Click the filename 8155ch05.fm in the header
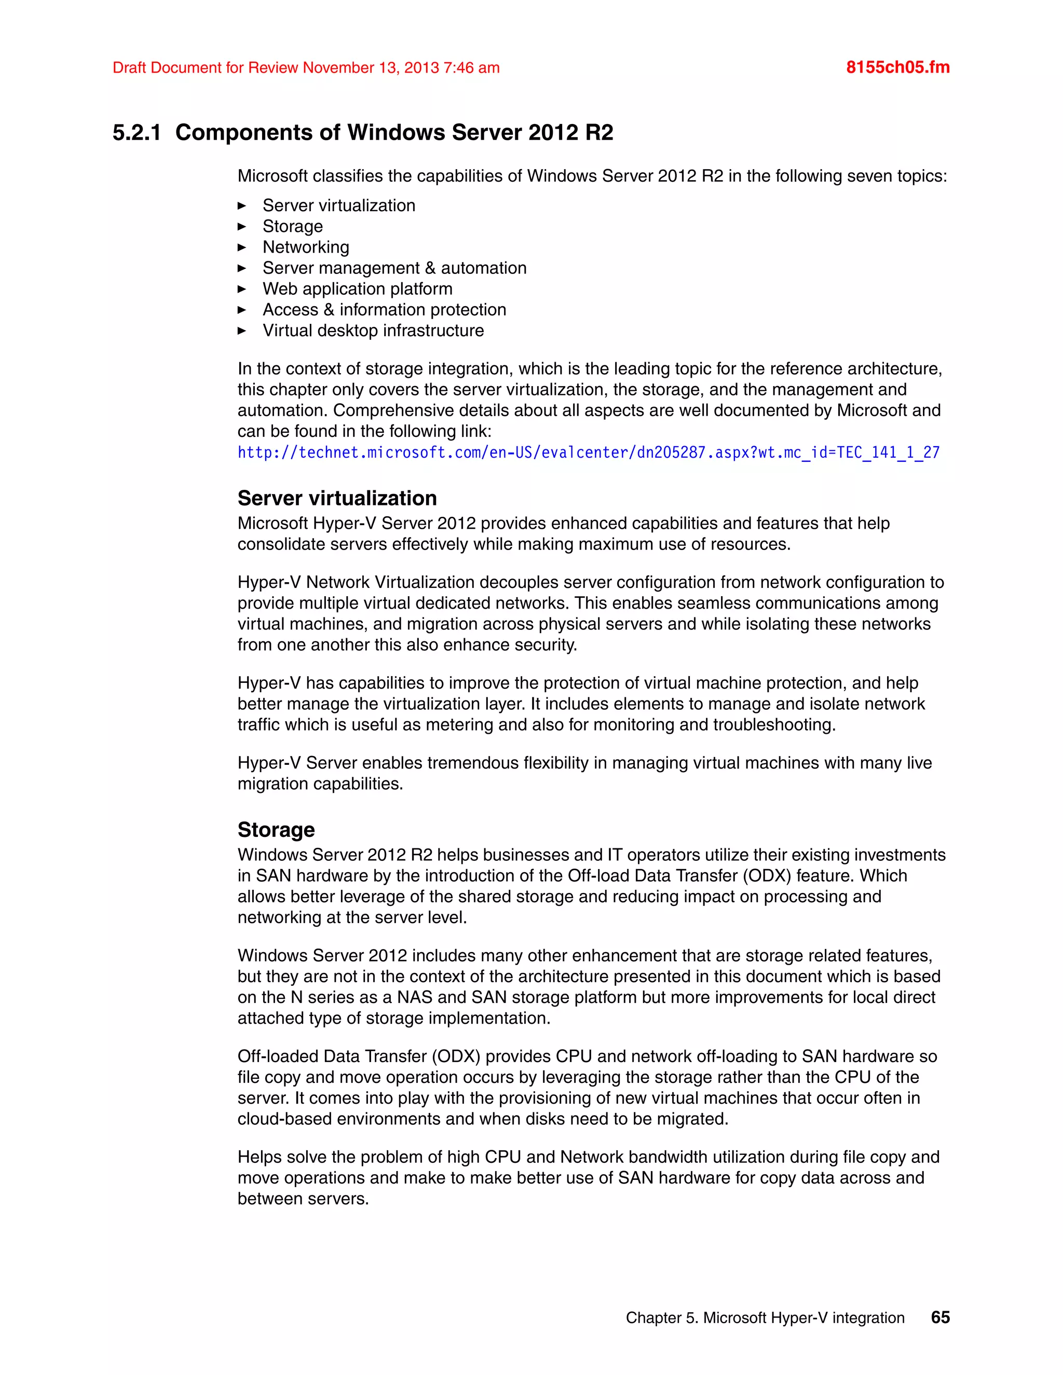pyautogui.click(x=897, y=67)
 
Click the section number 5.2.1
pyautogui.click(x=137, y=133)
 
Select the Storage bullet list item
pyautogui.click(x=292, y=226)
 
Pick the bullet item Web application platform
pyautogui.click(x=357, y=288)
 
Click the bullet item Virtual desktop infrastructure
pyautogui.click(x=373, y=331)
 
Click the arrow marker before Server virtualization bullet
pyautogui.click(x=242, y=206)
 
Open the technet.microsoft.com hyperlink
pyautogui.click(x=588, y=452)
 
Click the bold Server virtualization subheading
pyautogui.click(x=337, y=498)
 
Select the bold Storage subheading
pyautogui.click(x=276, y=830)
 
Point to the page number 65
pyautogui.click(x=940, y=1318)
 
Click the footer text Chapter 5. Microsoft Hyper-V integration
pyautogui.click(x=765, y=1318)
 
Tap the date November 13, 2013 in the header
pyautogui.click(x=370, y=68)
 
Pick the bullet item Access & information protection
pyautogui.click(x=384, y=310)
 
